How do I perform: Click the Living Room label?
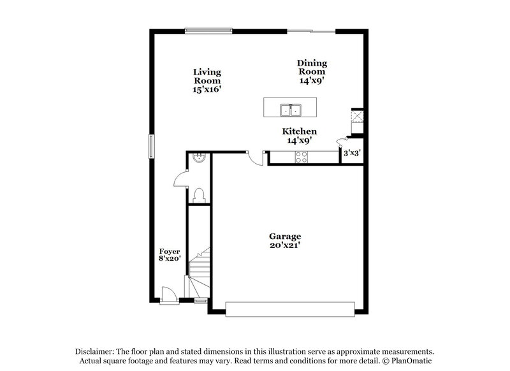(207, 81)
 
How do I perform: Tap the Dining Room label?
(312, 71)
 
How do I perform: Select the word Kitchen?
(300, 131)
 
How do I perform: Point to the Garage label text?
(285, 236)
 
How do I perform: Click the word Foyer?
(170, 251)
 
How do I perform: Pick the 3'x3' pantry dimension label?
(353, 153)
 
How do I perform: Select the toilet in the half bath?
(198, 194)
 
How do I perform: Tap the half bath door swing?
(180, 180)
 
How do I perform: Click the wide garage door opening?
(289, 309)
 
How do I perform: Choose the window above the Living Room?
(208, 29)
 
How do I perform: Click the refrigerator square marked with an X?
(356, 117)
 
